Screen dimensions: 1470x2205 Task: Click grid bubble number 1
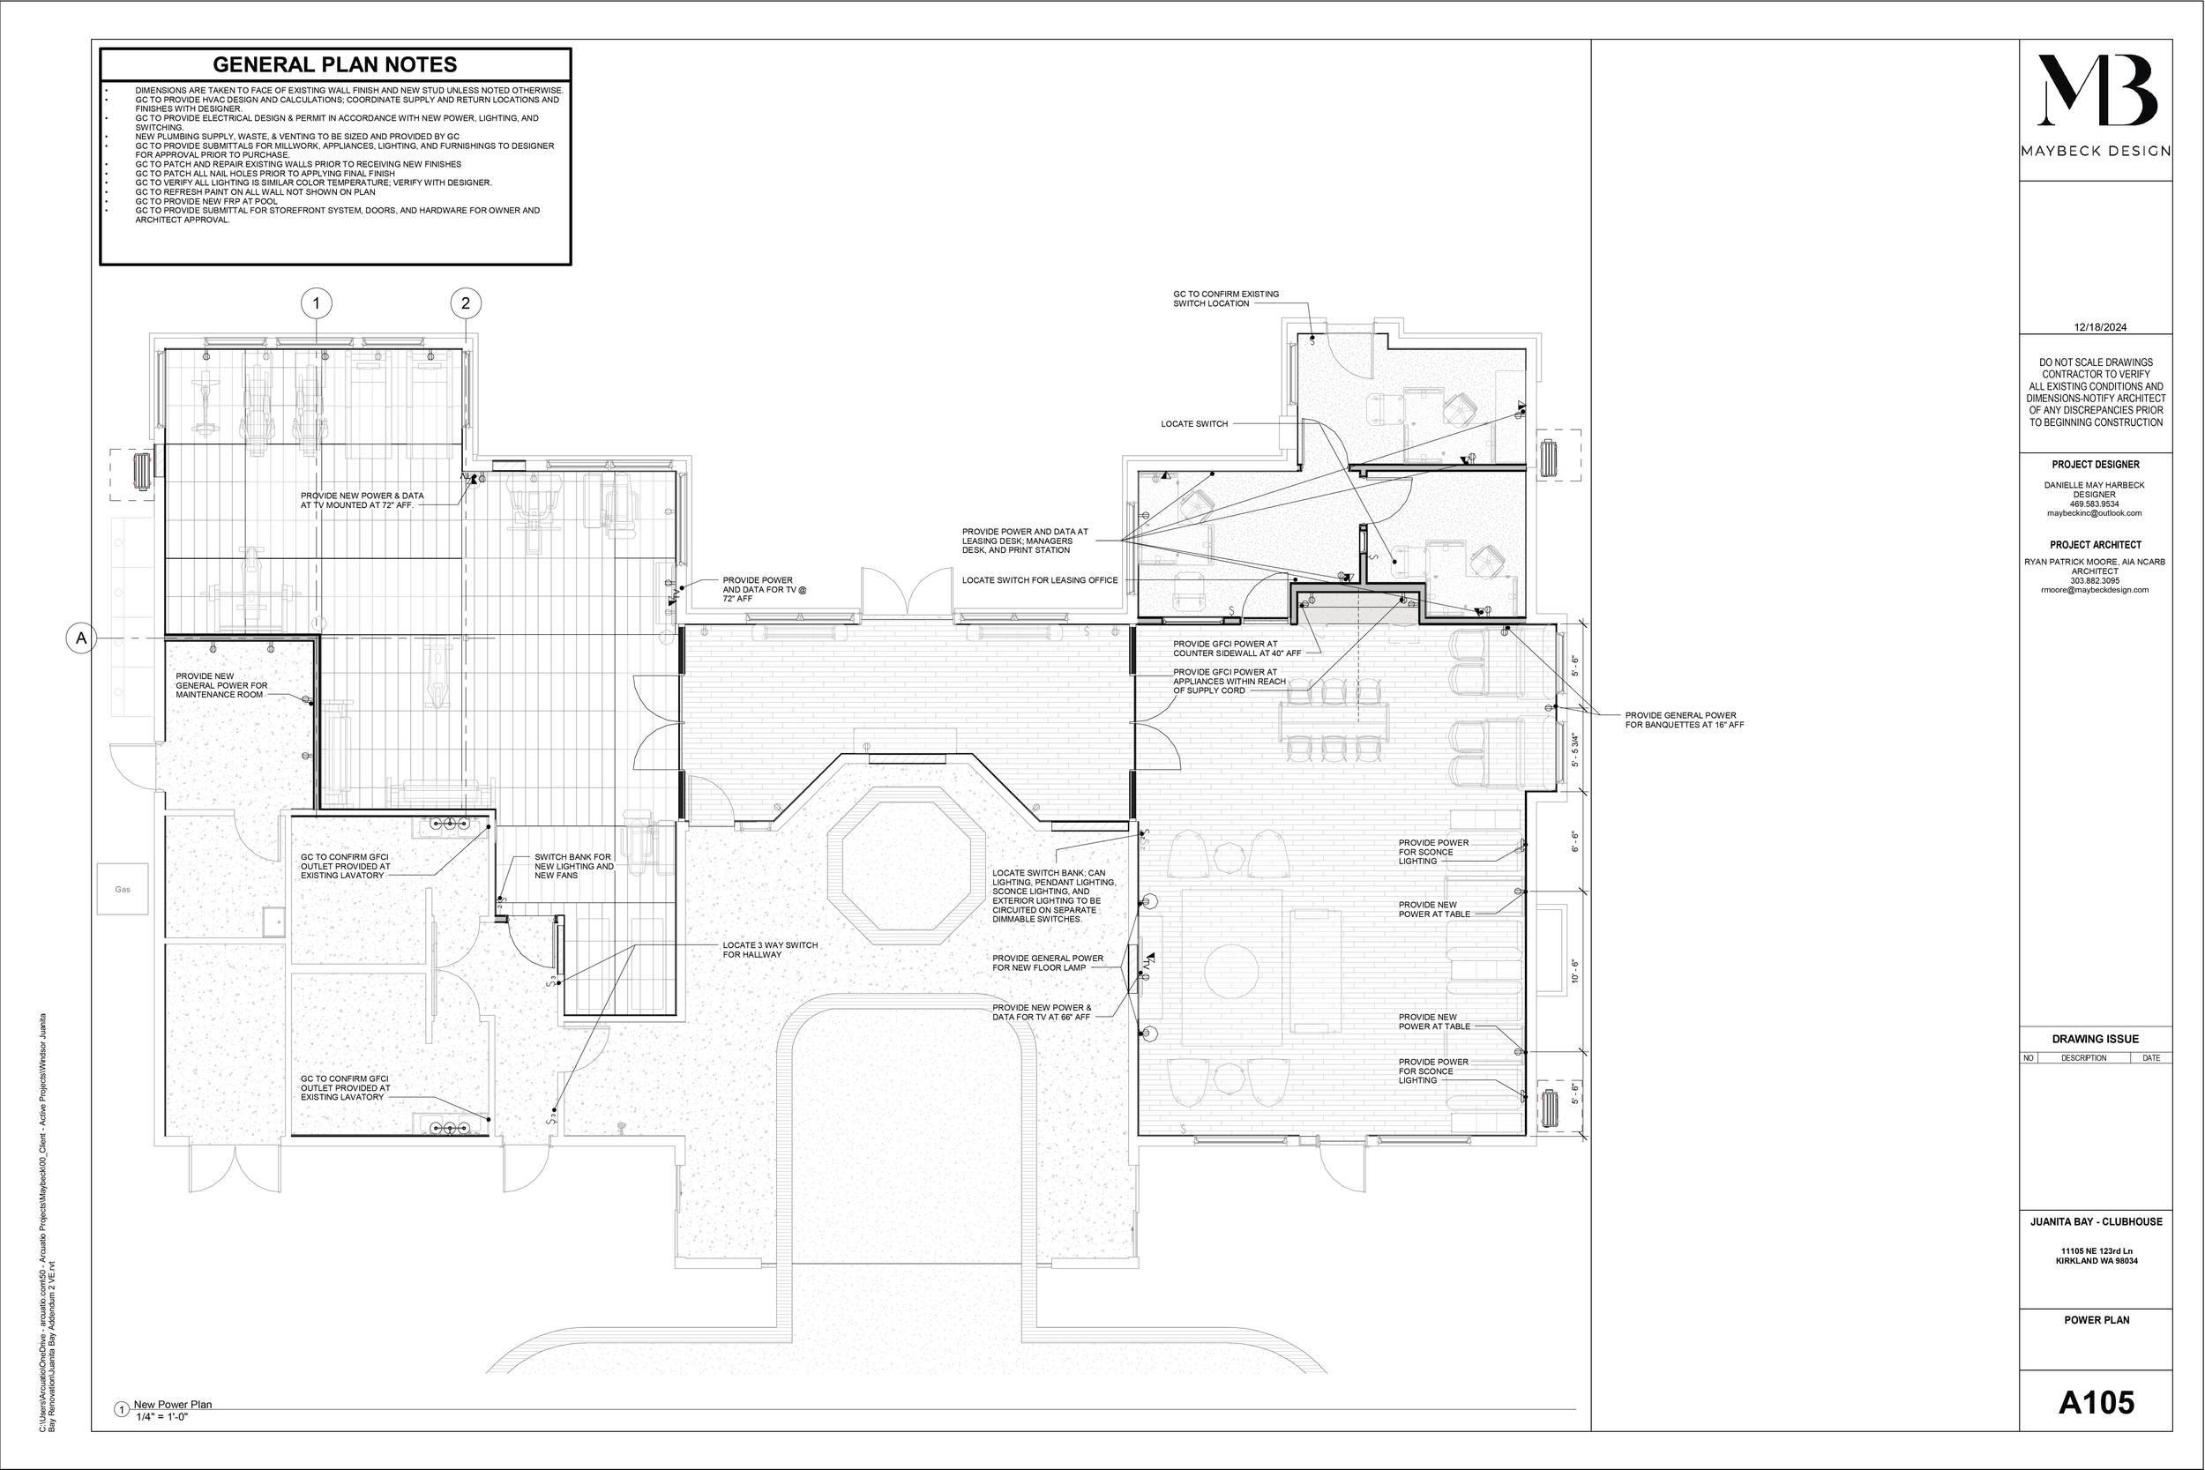point(317,302)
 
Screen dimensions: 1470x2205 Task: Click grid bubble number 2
point(466,302)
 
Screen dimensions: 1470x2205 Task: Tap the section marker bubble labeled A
point(81,638)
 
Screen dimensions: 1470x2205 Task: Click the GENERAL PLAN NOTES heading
point(334,64)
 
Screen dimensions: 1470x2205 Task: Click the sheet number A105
point(2097,1402)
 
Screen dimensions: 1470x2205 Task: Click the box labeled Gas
point(123,889)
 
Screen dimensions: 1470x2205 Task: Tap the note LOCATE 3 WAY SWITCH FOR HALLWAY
point(770,950)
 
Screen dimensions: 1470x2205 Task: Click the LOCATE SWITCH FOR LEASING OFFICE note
point(1040,580)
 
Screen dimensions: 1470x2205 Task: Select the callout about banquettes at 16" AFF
point(1685,720)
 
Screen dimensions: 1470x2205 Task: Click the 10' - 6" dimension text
point(1575,971)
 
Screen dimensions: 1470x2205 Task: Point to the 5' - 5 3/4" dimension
point(1576,752)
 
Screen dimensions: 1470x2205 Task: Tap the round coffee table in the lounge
point(1231,971)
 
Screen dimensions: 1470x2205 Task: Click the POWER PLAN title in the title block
point(2097,1320)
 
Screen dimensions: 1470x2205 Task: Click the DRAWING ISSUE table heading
point(2096,1039)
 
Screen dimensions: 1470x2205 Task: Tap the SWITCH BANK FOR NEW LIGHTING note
point(574,866)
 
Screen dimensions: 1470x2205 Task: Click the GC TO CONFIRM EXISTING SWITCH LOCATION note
point(1225,298)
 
